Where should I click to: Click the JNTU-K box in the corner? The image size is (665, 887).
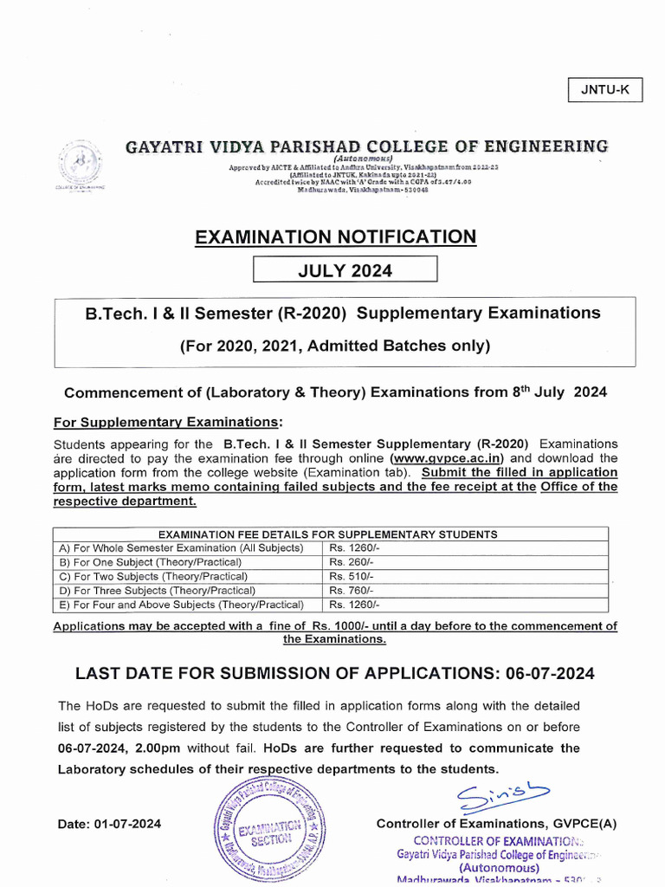coord(604,90)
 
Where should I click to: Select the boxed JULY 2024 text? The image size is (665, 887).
coord(345,271)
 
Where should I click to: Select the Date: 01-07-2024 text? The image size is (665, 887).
coord(109,824)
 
